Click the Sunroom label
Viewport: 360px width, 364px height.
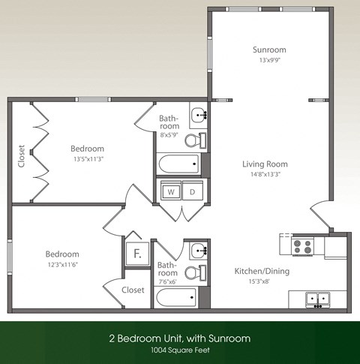(x=268, y=50)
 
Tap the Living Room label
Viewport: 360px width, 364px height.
(x=265, y=164)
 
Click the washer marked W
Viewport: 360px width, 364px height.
(x=171, y=192)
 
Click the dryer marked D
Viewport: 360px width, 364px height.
(x=191, y=192)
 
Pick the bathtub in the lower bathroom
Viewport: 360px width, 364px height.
(x=177, y=297)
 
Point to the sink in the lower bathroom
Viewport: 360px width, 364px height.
(x=198, y=250)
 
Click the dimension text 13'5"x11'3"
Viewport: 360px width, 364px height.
(x=88, y=158)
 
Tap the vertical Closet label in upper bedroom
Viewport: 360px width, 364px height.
(x=22, y=156)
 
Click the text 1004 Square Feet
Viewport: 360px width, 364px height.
(x=180, y=351)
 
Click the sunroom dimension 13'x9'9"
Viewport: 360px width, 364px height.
(x=268, y=60)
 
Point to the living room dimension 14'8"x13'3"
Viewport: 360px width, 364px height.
(x=265, y=174)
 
